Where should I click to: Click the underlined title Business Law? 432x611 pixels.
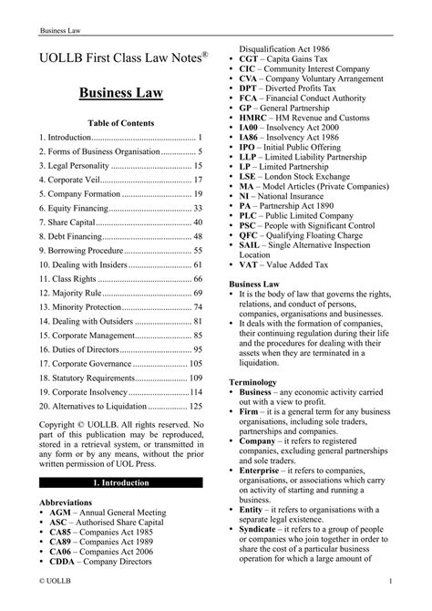(120, 93)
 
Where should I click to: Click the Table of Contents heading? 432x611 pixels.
(120, 122)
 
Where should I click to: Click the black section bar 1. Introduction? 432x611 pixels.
(120, 482)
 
